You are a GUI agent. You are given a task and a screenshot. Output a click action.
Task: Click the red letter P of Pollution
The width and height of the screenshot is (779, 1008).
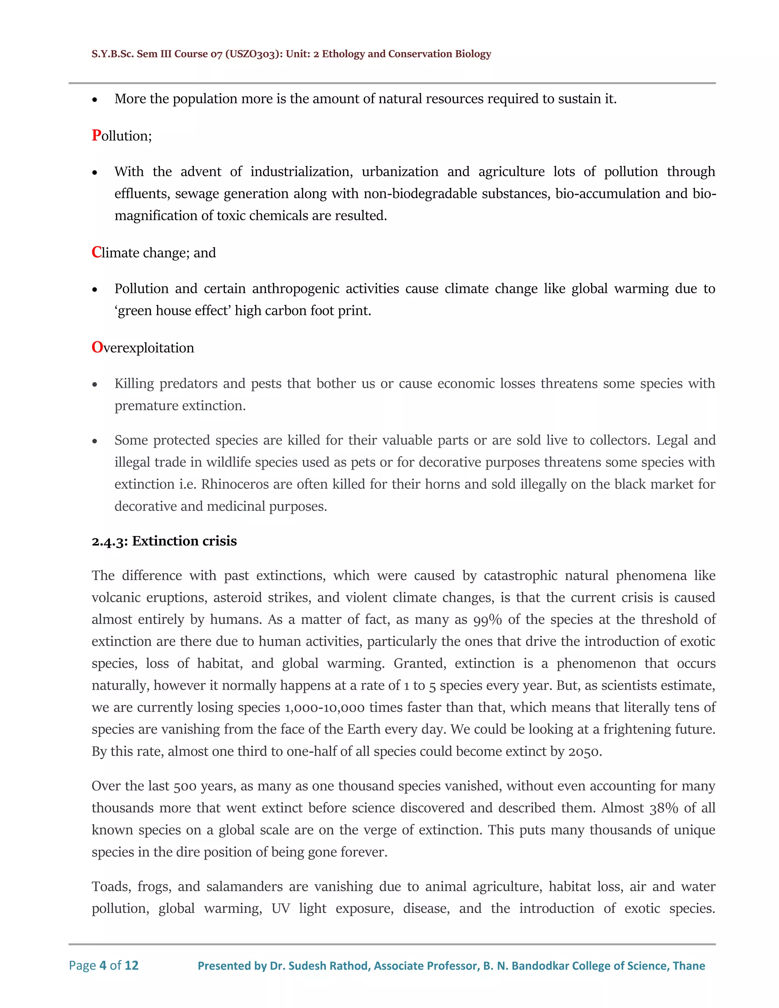(x=97, y=135)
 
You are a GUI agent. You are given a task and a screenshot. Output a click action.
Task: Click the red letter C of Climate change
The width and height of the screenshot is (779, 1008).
(x=97, y=253)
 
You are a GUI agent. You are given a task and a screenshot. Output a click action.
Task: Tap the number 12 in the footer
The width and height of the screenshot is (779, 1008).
(x=132, y=965)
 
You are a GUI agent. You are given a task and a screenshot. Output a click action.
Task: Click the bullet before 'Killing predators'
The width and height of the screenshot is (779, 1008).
(x=95, y=385)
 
